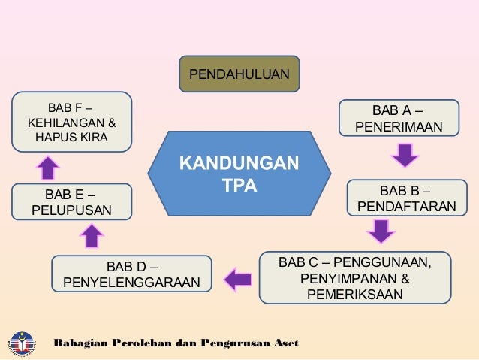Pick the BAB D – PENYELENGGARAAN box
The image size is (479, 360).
pos(132,275)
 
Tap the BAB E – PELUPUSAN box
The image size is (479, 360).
pos(71,201)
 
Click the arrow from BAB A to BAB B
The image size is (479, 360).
pos(404,156)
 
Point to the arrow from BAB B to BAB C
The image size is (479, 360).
pos(382,231)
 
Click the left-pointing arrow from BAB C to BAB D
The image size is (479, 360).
pos(238,279)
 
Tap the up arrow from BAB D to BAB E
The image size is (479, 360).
pos(92,236)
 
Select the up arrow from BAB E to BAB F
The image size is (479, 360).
pos(47,167)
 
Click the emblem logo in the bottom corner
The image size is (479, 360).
pos(22,343)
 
